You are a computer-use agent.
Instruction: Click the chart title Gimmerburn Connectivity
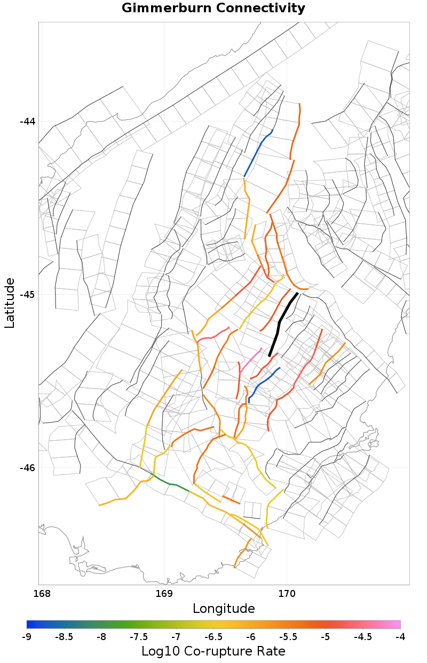(213, 9)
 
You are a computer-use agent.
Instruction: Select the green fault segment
(171, 483)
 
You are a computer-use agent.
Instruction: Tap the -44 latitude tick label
(27, 122)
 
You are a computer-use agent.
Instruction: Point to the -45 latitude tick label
(27, 295)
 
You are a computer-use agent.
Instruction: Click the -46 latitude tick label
(27, 468)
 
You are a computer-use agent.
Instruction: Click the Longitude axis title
(224, 609)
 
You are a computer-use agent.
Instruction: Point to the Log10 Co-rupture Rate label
(213, 651)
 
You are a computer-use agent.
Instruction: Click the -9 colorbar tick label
(27, 637)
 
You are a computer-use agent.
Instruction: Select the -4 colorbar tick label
(400, 637)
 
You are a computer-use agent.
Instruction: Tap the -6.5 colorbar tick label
(213, 637)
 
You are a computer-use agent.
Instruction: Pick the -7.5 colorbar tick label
(139, 637)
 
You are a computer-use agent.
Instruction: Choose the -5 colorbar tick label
(325, 637)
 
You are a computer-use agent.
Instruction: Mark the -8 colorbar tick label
(101, 637)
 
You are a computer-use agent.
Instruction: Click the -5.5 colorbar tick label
(288, 637)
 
